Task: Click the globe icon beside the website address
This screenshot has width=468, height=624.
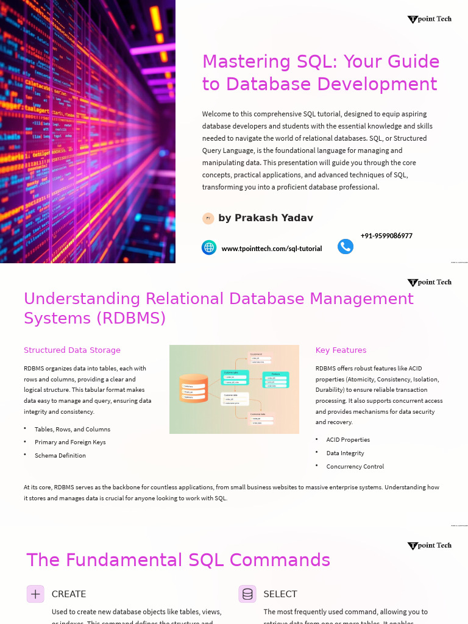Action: point(209,247)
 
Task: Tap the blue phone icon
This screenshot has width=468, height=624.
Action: point(346,246)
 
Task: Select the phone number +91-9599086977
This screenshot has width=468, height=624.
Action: point(386,236)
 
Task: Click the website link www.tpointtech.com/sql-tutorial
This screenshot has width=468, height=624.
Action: point(272,249)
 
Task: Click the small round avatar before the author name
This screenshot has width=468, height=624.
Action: point(208,218)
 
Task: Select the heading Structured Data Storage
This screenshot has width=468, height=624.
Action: point(72,350)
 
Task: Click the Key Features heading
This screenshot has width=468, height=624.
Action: point(341,350)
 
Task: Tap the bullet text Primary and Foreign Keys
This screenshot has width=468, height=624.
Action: point(70,442)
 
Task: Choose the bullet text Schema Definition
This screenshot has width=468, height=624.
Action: point(60,456)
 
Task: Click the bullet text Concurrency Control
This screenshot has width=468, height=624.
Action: point(355,467)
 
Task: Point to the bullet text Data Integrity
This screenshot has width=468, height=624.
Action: point(345,453)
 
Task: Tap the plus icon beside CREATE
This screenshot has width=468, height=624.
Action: point(35,594)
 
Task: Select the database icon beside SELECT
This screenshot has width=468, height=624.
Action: point(247,594)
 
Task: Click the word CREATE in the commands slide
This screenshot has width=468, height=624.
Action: point(69,594)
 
